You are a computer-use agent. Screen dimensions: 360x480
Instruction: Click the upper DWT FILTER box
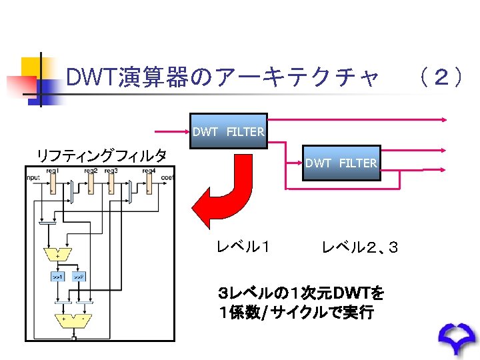[229, 131]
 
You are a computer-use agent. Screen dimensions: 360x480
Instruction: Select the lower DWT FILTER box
[341, 163]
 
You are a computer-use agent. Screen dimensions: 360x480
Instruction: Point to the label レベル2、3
[360, 247]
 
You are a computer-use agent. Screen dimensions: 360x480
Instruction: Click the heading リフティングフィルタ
[101, 156]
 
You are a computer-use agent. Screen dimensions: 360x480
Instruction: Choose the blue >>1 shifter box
[57, 276]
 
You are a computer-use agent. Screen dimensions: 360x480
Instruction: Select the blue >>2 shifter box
[79, 276]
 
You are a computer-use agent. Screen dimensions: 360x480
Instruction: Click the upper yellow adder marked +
[57, 254]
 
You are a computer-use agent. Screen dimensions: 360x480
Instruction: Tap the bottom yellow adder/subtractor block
[73, 319]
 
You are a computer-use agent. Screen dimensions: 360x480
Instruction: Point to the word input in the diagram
[33, 177]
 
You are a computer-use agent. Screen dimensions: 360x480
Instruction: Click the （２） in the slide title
[439, 78]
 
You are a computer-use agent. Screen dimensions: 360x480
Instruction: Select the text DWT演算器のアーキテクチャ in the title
[223, 78]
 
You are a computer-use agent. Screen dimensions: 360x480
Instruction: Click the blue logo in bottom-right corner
[459, 340]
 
